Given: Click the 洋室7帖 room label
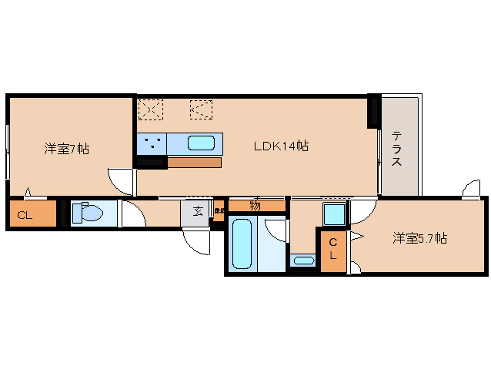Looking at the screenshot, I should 66,148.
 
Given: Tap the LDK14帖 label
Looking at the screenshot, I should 282,145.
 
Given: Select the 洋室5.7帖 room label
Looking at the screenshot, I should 420,239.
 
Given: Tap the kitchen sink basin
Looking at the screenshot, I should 202,143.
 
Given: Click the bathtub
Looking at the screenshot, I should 242,243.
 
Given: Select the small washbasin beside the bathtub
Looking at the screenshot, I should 304,260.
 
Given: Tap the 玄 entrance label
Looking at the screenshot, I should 198,211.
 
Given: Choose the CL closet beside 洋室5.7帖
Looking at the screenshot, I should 333,248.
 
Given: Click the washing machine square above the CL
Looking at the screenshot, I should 333,214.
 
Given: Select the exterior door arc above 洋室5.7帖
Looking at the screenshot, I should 473,188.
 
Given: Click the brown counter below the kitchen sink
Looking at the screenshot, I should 194,163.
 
